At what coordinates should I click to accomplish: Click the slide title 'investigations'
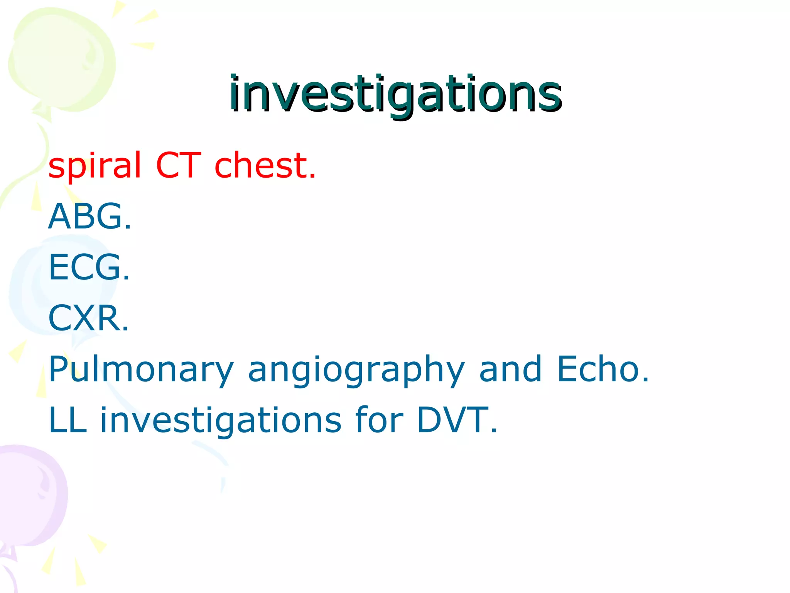[x=395, y=94]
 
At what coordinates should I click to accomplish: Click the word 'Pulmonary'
[x=141, y=370]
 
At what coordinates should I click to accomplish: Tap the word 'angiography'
[x=356, y=370]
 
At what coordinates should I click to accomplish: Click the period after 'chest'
[x=312, y=177]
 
